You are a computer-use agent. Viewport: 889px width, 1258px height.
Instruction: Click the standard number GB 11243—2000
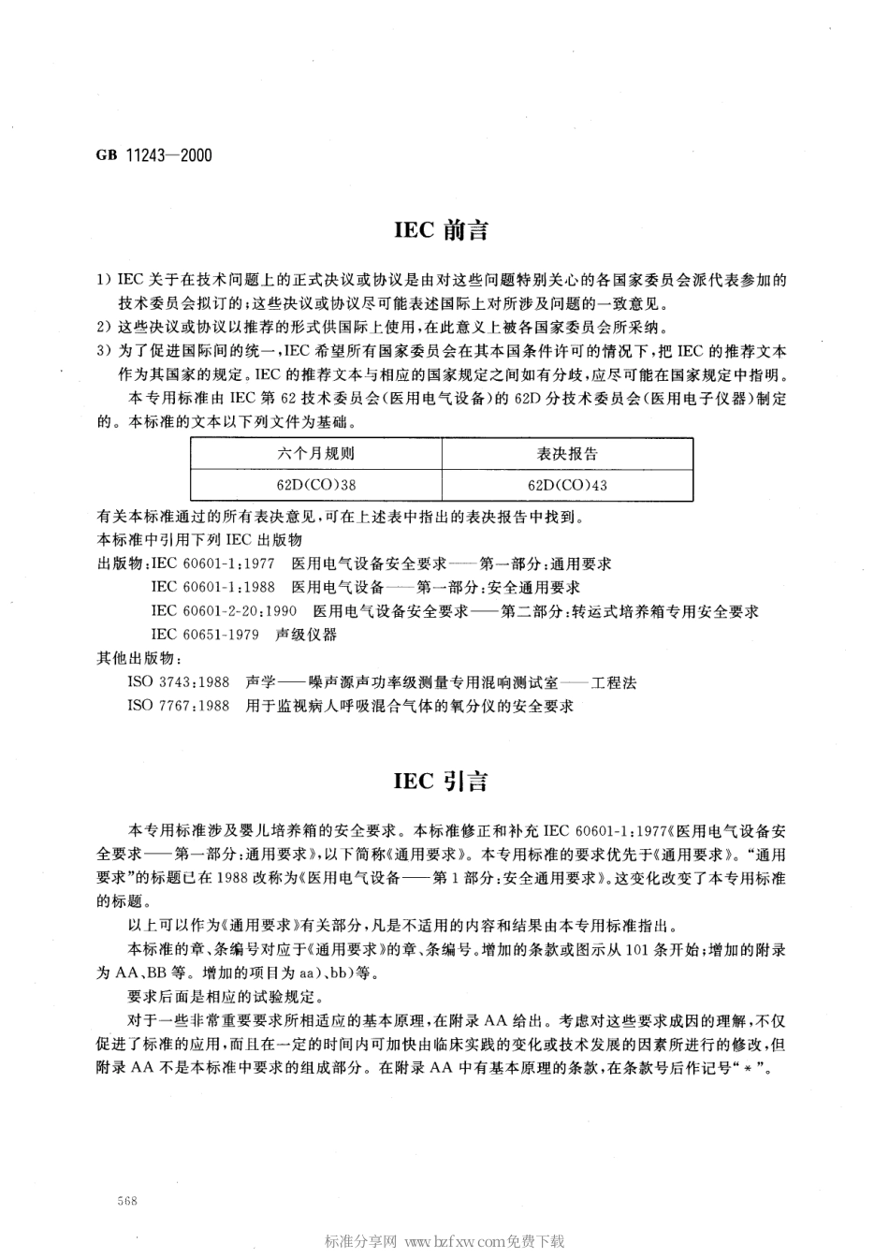(153, 155)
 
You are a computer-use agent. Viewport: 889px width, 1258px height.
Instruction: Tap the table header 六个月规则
(315, 454)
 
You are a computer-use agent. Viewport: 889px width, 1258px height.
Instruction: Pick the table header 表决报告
(567, 454)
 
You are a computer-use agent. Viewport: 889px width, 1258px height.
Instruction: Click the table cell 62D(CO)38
(315, 485)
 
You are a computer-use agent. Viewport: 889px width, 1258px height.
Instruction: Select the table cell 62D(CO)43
(567, 485)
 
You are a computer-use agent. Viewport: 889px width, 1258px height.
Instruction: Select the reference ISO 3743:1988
(178, 683)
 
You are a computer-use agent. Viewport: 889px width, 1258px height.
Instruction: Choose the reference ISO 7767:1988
(178, 706)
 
